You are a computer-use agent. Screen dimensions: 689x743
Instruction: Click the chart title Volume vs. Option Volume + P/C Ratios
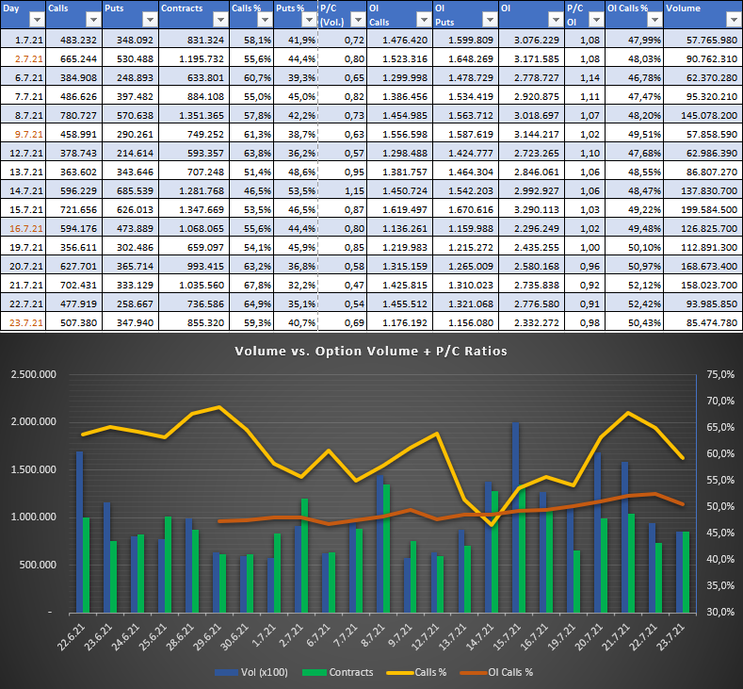tap(371, 352)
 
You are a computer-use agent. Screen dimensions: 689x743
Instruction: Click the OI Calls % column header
tap(625, 8)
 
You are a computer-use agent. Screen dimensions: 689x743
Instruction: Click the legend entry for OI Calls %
tap(503, 672)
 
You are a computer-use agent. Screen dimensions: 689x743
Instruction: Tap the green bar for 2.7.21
tap(305, 554)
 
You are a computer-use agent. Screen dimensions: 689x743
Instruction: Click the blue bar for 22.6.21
tap(79, 532)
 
